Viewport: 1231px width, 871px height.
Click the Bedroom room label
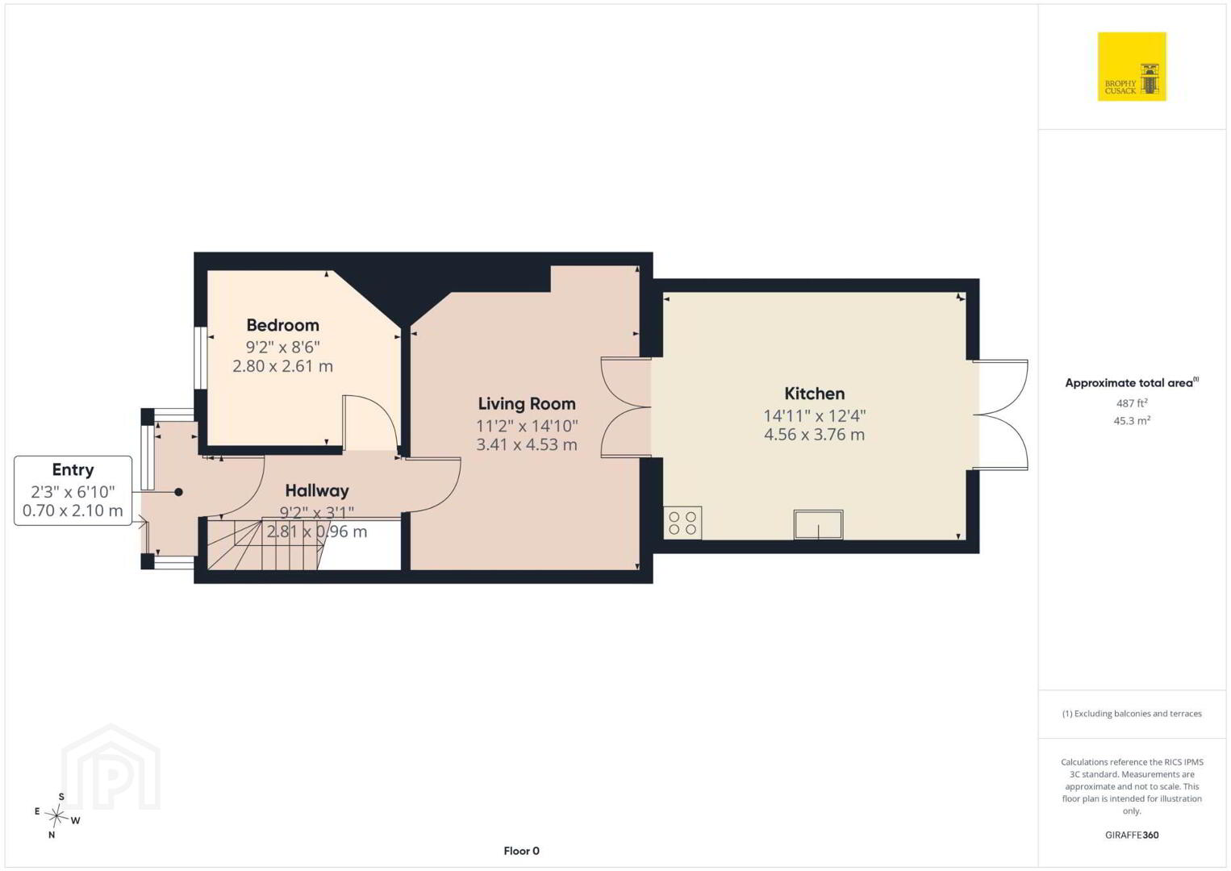(x=282, y=325)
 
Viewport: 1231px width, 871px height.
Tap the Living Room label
(x=527, y=404)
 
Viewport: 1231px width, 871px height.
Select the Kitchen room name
(x=815, y=394)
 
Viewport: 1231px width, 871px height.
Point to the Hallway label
(x=317, y=490)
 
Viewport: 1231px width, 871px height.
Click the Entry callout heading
(x=73, y=470)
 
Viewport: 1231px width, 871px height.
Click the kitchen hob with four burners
(x=682, y=523)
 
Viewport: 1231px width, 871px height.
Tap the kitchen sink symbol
(x=818, y=525)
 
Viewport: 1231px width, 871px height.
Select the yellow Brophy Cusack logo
(x=1132, y=66)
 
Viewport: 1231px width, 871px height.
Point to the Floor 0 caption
(x=522, y=851)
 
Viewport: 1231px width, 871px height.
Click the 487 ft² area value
(x=1132, y=402)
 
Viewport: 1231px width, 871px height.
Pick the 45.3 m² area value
(x=1132, y=421)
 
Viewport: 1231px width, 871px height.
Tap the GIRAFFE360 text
(x=1132, y=835)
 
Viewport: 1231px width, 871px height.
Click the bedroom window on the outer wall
(x=201, y=359)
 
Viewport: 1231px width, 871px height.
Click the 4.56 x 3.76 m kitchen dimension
(x=815, y=435)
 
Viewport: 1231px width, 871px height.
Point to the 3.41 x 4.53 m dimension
(x=527, y=444)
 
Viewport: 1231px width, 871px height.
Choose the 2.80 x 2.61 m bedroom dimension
(x=282, y=366)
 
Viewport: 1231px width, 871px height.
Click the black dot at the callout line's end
(x=178, y=493)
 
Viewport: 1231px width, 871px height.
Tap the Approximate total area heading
(x=1132, y=382)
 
